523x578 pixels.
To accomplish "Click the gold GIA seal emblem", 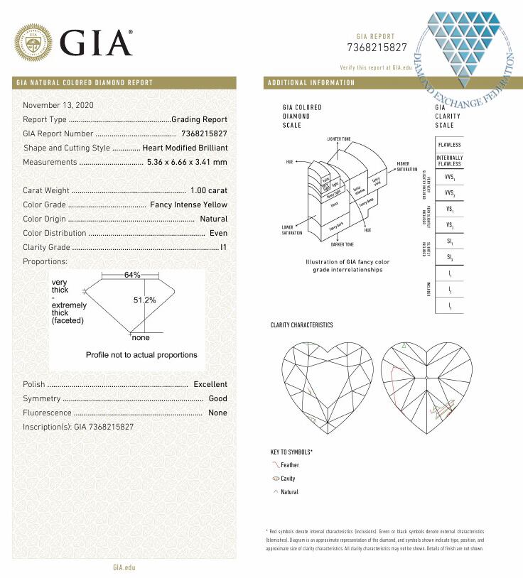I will coord(33,43).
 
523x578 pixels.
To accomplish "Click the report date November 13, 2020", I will coord(58,105).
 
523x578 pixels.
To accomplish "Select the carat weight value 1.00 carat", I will coord(209,190).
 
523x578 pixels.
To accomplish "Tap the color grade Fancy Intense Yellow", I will coord(189,205).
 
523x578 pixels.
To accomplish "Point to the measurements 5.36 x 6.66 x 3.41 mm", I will coord(187,162).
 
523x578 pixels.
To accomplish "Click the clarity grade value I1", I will coord(223,247).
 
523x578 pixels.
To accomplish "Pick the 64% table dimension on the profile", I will coord(132,275).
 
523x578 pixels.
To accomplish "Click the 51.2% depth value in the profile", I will coord(144,300).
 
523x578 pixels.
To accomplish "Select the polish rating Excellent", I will coord(210,384).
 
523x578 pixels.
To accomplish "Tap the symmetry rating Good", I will coord(217,398).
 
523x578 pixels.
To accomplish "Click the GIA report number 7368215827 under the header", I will coord(377,48).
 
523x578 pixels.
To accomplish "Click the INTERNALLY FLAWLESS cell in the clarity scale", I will coord(449,160).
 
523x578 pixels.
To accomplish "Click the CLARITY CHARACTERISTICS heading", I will coord(301,325).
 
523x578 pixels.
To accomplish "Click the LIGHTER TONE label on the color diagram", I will coord(340,138).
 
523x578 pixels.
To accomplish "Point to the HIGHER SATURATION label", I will coord(407,166).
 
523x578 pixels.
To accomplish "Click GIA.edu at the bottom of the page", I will coord(124,567).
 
